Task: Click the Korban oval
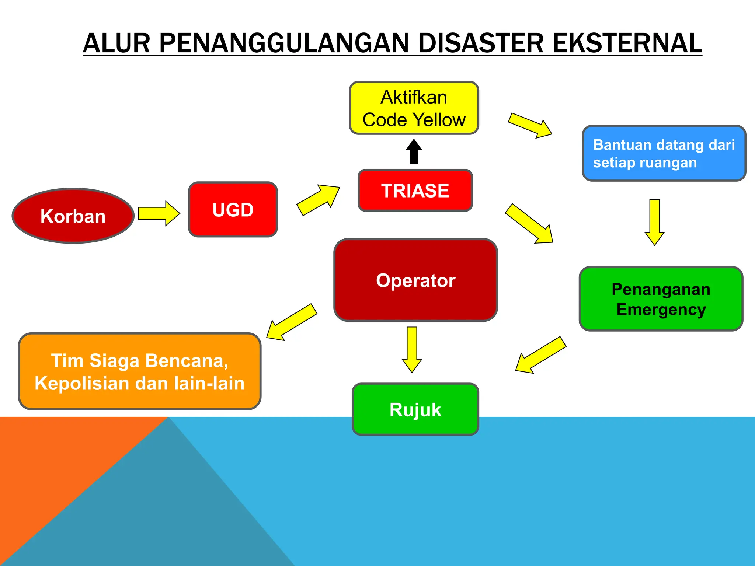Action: click(73, 216)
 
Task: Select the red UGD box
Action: click(233, 209)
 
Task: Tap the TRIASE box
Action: click(415, 191)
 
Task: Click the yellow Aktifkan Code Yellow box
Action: click(414, 108)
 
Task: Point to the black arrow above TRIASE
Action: click(414, 151)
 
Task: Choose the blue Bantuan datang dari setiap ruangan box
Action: click(664, 153)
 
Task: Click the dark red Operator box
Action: click(415, 280)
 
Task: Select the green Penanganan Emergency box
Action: click(661, 299)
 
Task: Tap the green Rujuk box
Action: click(415, 409)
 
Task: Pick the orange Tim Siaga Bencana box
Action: click(140, 371)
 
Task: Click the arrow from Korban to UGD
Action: click(159, 213)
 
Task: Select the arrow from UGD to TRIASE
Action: click(318, 200)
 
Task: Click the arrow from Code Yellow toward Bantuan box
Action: click(530, 125)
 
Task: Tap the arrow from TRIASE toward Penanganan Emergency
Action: click(529, 224)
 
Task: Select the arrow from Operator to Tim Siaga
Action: click(292, 322)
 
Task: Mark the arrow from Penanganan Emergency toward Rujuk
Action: click(540, 354)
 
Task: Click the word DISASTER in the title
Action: click(481, 43)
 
